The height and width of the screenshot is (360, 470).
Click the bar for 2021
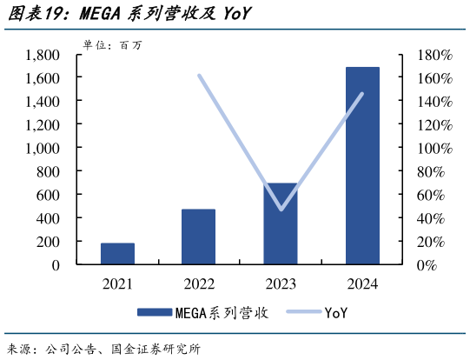[x=117, y=253]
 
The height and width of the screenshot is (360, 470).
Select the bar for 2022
[x=199, y=237]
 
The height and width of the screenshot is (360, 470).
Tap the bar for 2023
[x=281, y=223]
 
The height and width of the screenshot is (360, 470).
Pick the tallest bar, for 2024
[x=362, y=165]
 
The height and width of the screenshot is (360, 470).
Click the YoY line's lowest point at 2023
[x=281, y=210]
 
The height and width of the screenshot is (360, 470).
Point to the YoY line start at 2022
[x=199, y=76]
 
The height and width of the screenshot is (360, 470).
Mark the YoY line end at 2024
[x=362, y=94]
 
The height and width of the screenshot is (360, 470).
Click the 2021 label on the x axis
[x=117, y=283]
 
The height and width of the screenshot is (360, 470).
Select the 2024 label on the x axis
[x=362, y=283]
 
